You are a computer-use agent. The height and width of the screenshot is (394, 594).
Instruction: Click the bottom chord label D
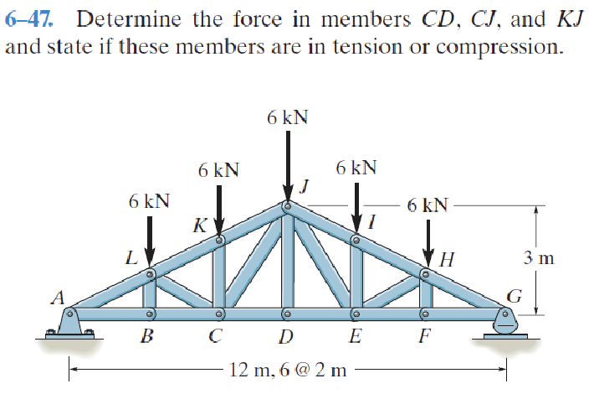pos(286,338)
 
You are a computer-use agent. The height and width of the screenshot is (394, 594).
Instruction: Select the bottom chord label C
pos(215,338)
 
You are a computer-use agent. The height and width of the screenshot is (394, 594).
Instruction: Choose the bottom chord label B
pos(147,338)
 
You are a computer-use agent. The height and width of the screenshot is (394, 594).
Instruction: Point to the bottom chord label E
pos(355,338)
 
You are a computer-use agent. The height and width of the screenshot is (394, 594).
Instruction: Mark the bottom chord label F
pos(424,338)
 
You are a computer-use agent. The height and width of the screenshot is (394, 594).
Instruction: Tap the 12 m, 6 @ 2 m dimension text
pos(288,369)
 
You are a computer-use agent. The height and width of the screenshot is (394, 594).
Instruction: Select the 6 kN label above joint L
pos(150,201)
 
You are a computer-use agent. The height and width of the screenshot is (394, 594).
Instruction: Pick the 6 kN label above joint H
pos(427,205)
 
